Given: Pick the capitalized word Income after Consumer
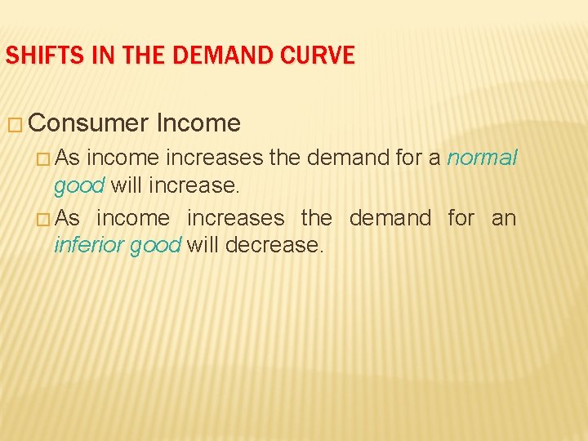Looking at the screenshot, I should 198,123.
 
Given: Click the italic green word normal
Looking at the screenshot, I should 483,158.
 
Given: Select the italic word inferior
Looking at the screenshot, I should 89,245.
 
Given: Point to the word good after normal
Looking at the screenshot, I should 78,185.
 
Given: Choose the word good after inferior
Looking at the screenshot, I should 156,245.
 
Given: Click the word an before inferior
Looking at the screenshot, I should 504,218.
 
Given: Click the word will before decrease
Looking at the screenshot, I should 202,245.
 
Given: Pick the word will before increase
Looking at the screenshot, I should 125,185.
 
